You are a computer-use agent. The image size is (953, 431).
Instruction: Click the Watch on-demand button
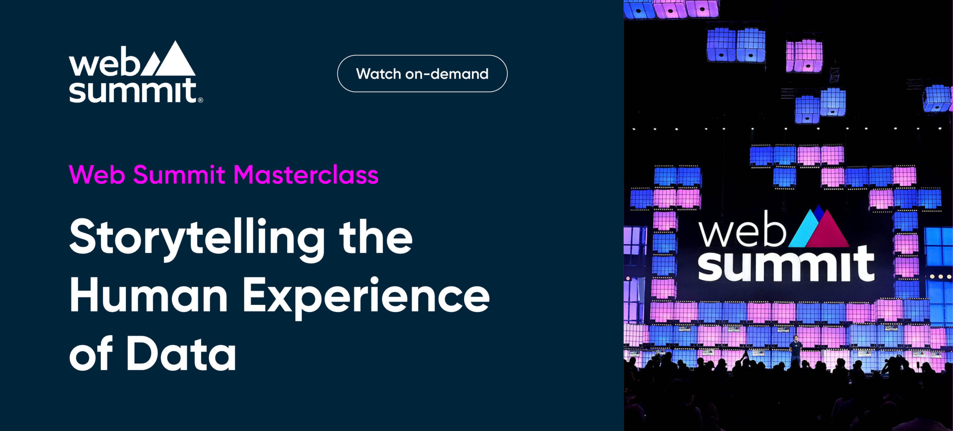tap(422, 74)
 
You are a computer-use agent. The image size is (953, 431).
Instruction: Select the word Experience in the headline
tap(366, 298)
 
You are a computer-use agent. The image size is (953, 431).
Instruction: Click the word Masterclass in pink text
tap(306, 175)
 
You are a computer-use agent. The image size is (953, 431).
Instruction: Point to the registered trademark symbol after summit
tap(200, 100)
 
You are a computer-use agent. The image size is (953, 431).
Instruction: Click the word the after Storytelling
tap(376, 237)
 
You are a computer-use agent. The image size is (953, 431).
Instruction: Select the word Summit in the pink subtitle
tap(179, 175)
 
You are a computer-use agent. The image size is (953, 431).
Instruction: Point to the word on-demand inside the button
tap(447, 74)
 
